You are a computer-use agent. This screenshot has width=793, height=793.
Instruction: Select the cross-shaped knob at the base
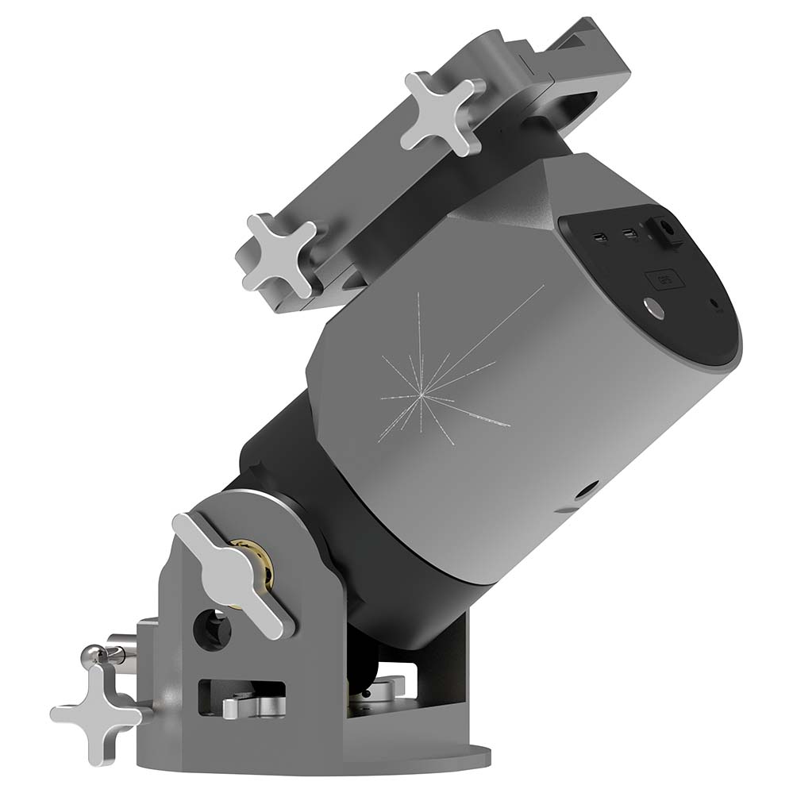coord(95,703)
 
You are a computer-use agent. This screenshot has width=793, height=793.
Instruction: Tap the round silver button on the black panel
coord(655,308)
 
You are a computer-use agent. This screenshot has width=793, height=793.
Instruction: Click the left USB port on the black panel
coord(601,237)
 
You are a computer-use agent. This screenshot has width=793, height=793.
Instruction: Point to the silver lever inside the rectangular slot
coord(246,705)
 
